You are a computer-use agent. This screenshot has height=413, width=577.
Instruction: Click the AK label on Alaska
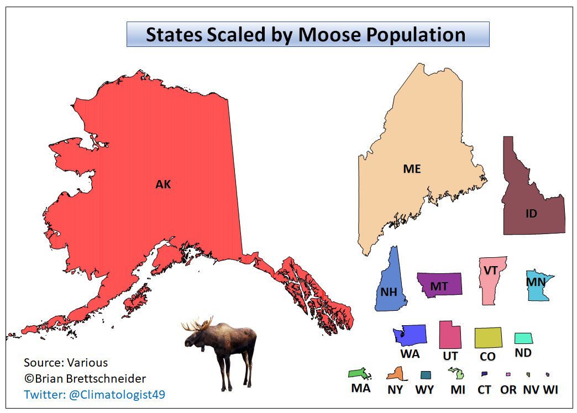coord(163,184)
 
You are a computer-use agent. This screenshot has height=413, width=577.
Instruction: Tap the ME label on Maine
coord(412,169)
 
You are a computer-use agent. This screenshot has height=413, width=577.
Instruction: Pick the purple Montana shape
coord(440,284)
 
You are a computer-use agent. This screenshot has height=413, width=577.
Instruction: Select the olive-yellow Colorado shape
coord(488,337)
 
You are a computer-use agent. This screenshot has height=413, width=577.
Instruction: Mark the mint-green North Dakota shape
coord(523,338)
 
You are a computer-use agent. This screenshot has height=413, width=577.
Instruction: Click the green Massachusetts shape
coord(359,374)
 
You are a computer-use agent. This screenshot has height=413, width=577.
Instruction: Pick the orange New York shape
coord(395,375)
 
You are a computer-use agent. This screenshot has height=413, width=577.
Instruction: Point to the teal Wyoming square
coord(425,375)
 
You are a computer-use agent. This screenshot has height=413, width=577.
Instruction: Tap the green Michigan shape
coord(457,374)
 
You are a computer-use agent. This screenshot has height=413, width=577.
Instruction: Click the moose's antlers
coord(198,325)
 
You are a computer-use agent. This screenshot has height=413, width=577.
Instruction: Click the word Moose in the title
coord(330,35)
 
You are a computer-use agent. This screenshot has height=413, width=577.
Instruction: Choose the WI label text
coord(550,390)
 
